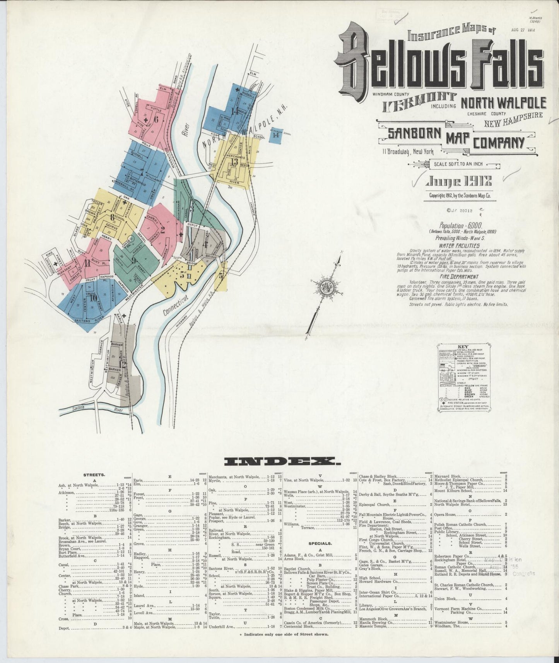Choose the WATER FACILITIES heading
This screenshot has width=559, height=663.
[459, 246]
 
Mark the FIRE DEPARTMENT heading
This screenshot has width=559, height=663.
[459, 277]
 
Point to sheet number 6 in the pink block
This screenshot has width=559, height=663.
[156, 120]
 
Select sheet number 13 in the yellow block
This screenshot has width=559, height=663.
[234, 161]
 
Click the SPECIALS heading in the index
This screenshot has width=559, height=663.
[320, 543]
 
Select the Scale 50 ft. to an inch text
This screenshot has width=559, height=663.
[458, 164]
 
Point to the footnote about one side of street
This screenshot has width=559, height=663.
[281, 634]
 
